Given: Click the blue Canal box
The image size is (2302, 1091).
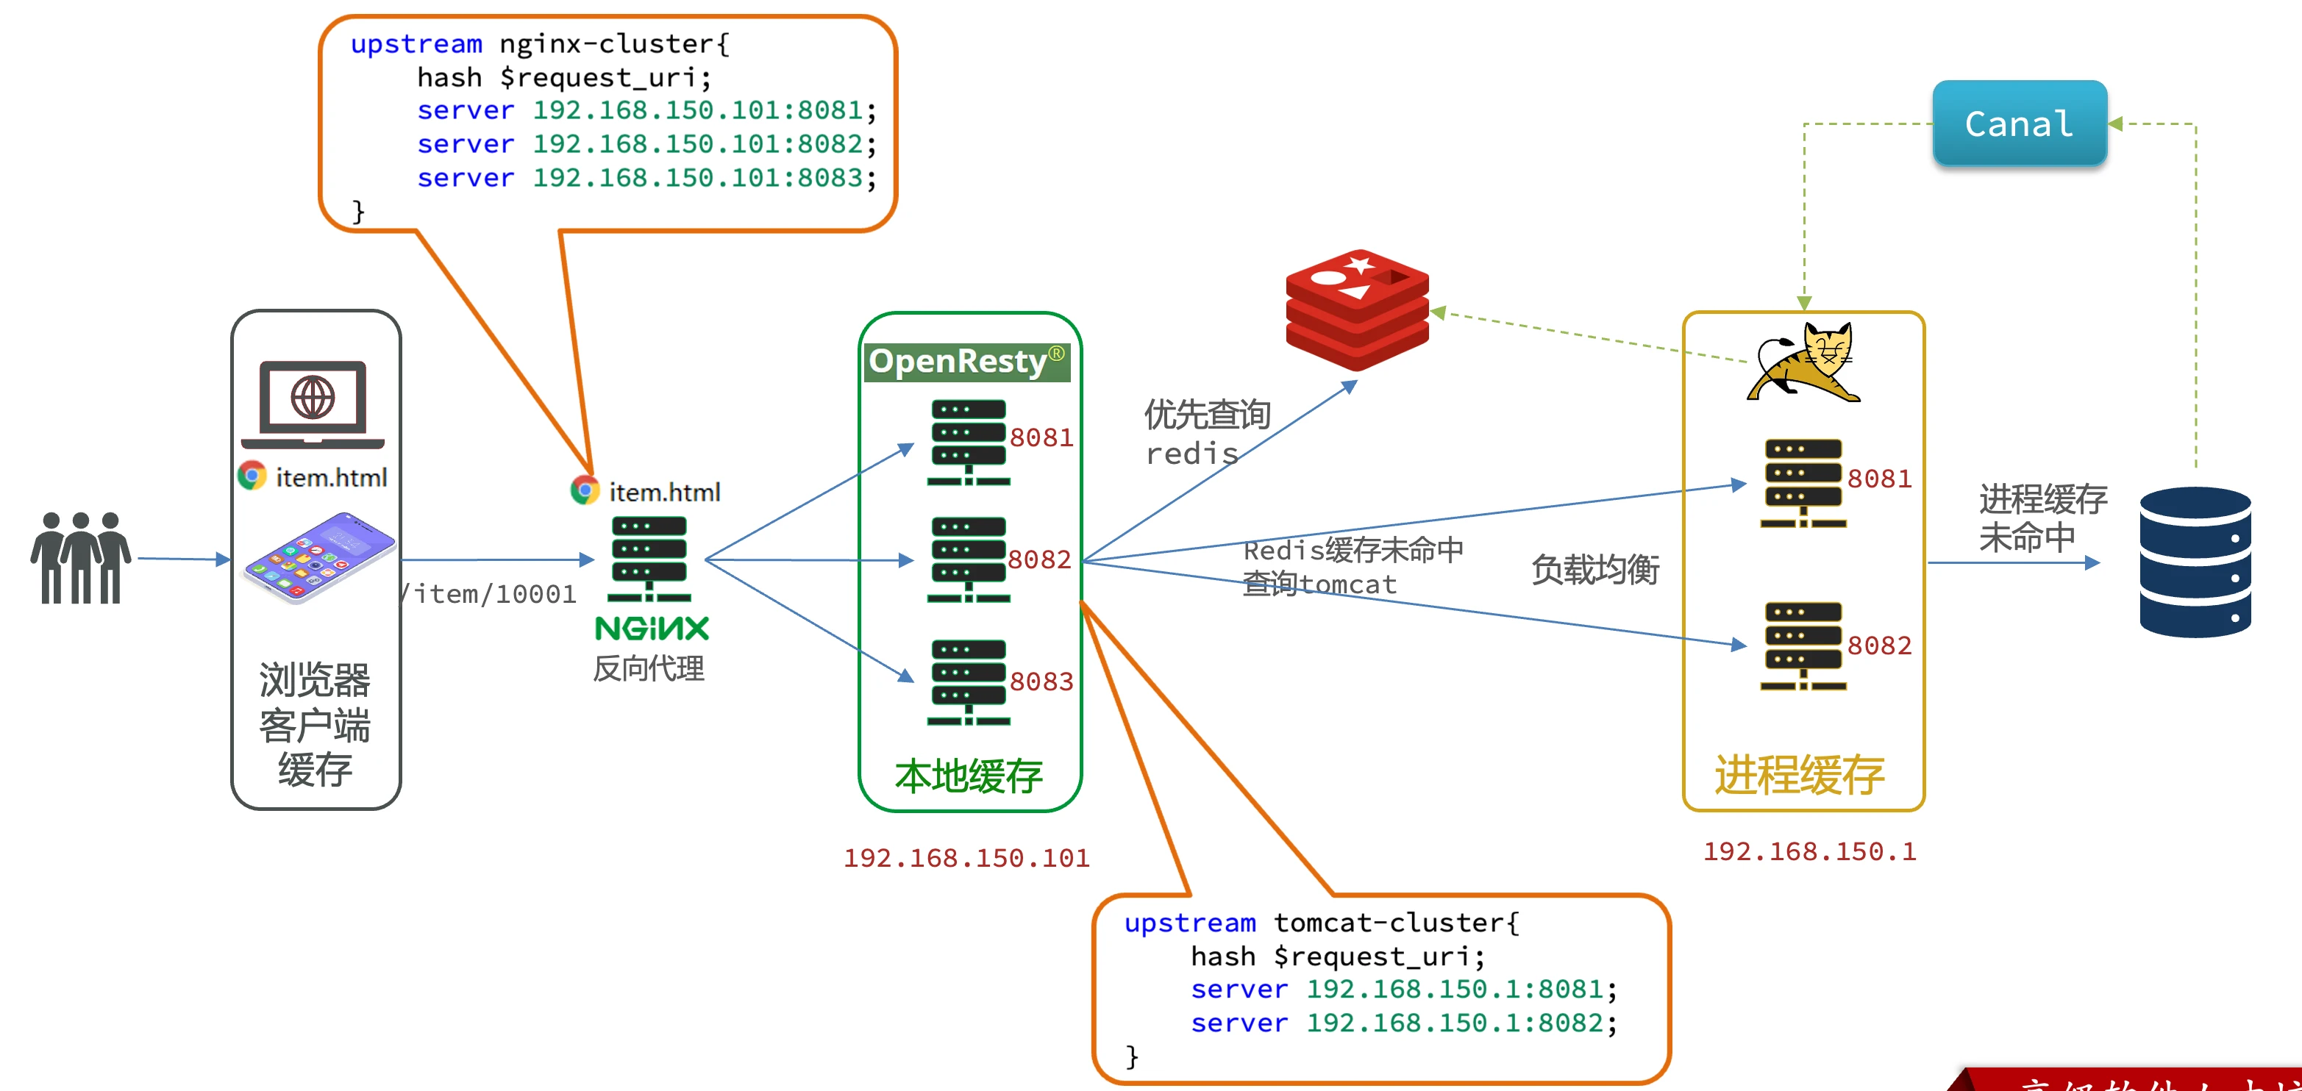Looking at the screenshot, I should (2019, 124).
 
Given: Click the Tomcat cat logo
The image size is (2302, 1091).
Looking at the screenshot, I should (1805, 362).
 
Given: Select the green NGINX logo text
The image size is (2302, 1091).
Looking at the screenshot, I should (652, 628).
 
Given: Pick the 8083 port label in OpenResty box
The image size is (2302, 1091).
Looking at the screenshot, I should (1041, 681).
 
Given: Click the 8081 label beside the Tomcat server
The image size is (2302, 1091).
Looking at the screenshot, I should (1879, 479).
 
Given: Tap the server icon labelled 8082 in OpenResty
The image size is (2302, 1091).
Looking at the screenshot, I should (969, 559).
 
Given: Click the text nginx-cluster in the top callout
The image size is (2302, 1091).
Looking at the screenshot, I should (614, 44).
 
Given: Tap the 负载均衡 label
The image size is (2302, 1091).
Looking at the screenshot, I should (1595, 569).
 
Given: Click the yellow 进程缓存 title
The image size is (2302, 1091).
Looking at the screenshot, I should (1799, 775).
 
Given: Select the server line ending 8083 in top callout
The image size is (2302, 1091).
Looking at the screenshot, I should (646, 178).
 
